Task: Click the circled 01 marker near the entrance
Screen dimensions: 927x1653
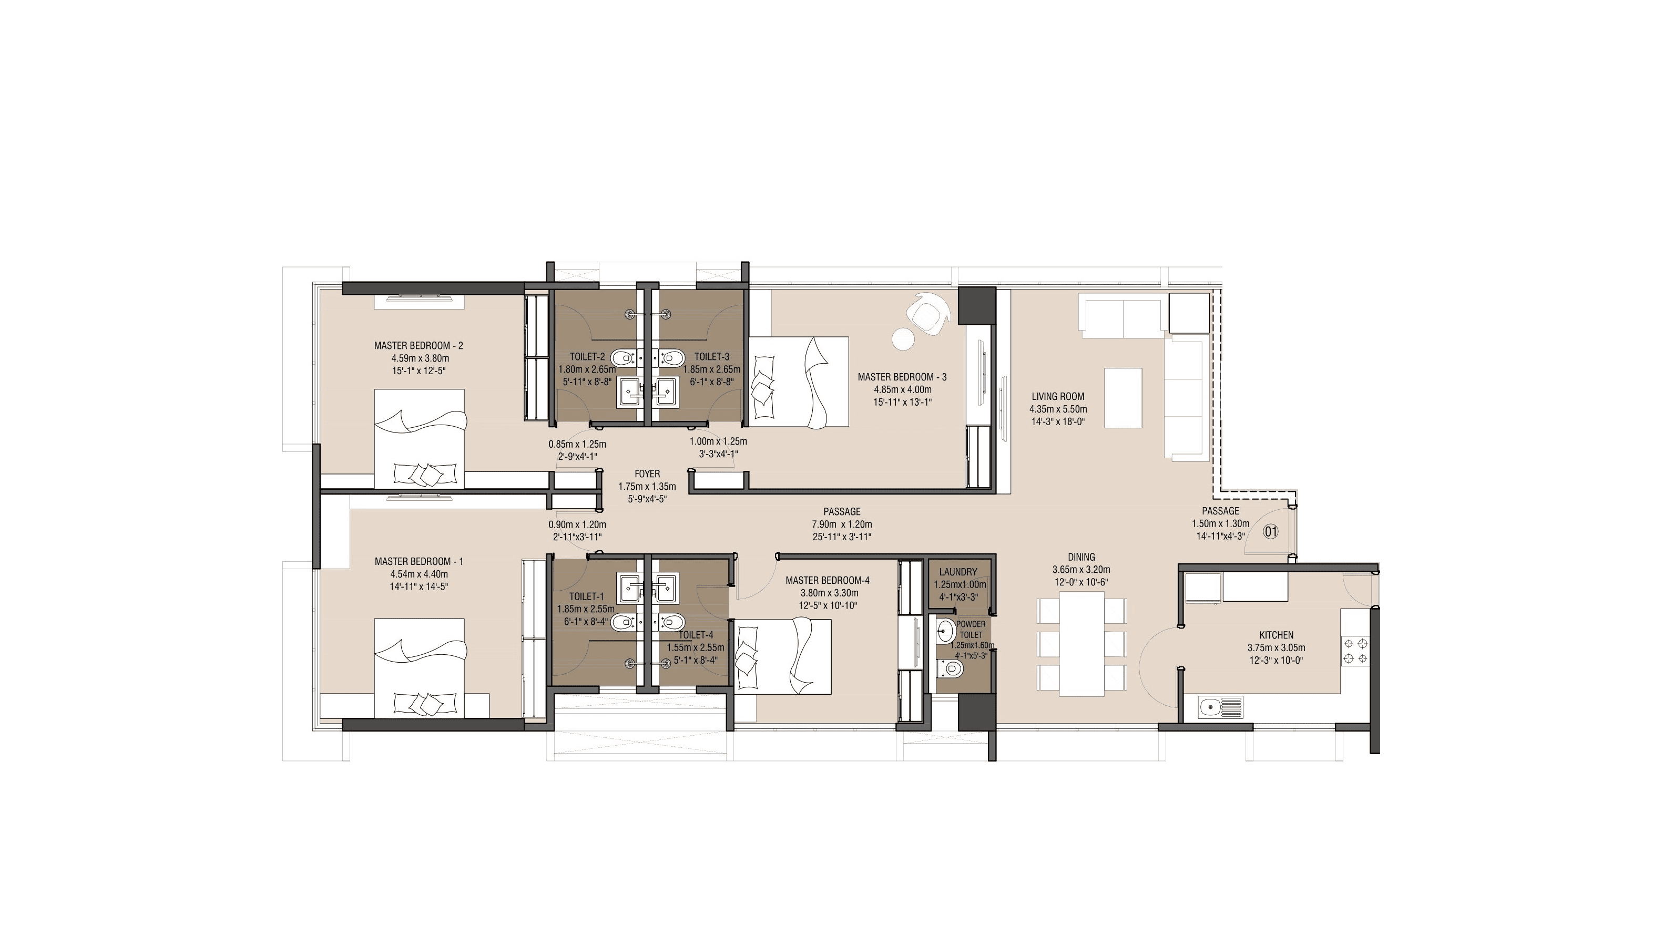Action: pos(1271,531)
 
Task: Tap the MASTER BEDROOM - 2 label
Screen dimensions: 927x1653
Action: pos(419,345)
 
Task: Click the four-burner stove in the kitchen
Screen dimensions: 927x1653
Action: pos(1354,651)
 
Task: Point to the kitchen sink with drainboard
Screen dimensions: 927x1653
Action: pos(1219,707)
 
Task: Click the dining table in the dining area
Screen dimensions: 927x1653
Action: pos(1081,643)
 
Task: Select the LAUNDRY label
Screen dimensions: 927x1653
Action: pos(958,572)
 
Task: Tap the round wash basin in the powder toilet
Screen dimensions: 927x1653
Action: pos(944,631)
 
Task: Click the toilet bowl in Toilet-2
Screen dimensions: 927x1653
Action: pos(621,357)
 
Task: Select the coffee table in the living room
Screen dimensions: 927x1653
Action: pos(1123,397)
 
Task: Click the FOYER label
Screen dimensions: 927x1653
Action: pos(647,473)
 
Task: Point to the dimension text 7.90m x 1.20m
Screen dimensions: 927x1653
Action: pos(841,524)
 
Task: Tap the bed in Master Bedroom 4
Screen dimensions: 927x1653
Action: pos(783,656)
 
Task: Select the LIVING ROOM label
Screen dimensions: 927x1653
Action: pos(1057,396)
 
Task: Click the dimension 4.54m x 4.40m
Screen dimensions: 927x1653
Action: pos(419,574)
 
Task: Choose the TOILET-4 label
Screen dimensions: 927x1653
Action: pos(696,634)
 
